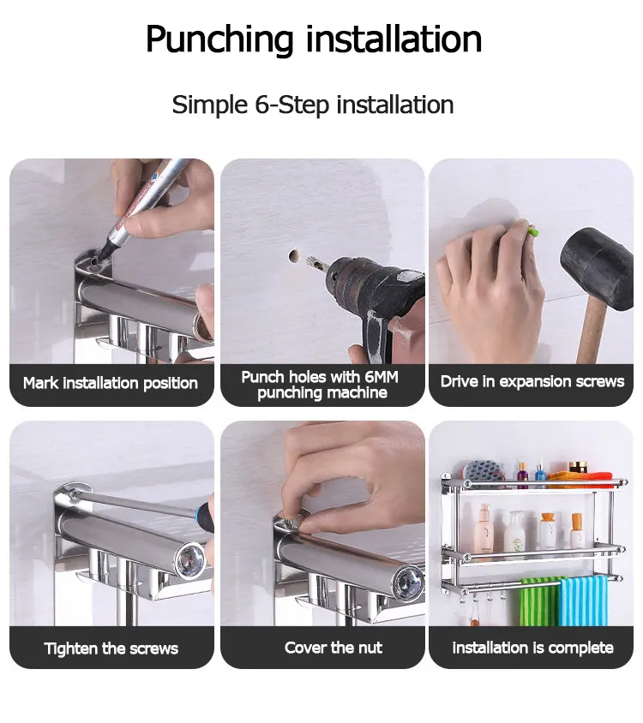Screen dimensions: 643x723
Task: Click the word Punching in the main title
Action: (219, 40)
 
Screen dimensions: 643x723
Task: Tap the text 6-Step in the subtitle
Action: (292, 105)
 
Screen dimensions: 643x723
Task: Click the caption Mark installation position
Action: (111, 383)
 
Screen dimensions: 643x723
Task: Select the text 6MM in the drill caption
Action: (382, 377)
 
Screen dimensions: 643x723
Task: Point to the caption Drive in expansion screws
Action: (532, 382)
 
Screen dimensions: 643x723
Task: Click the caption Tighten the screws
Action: (111, 648)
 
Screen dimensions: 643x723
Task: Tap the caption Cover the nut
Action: (334, 648)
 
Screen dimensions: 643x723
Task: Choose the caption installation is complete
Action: (532, 648)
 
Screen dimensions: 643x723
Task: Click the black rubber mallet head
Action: (597, 268)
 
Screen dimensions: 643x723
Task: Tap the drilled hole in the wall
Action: (293, 256)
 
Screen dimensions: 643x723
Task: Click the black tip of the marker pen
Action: (107, 250)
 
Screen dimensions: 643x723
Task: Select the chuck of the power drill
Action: (342, 276)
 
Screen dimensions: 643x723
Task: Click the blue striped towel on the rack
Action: (583, 601)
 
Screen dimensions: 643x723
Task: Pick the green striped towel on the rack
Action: (540, 602)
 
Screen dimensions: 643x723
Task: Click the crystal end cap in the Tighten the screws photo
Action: (189, 559)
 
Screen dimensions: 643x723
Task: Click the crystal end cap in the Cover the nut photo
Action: (408, 580)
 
